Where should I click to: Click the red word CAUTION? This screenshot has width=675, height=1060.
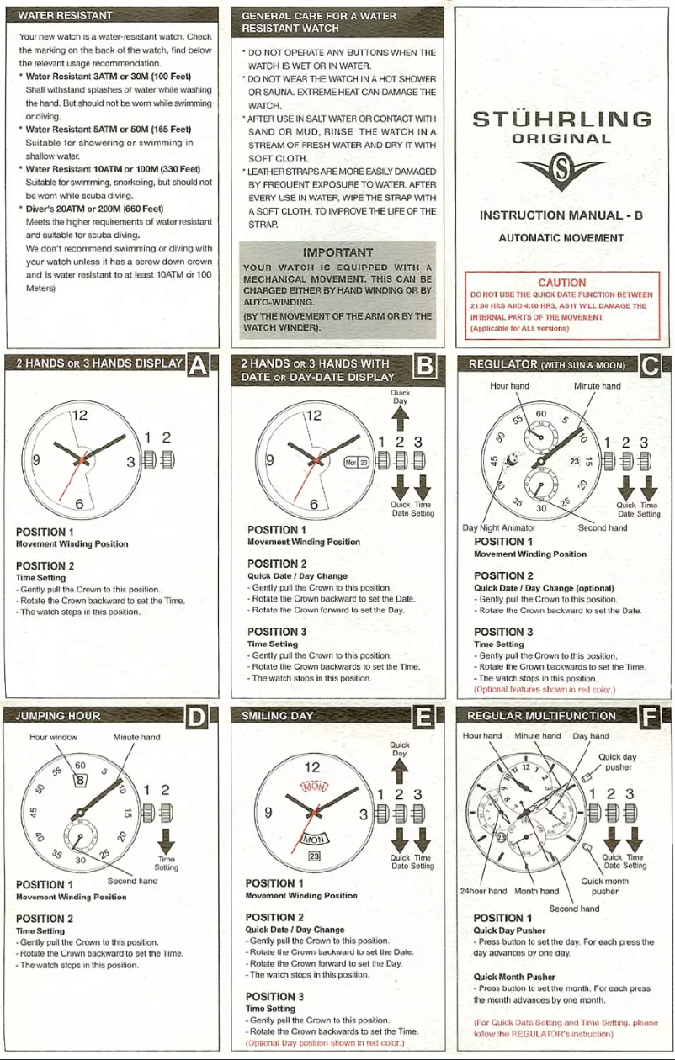click(x=562, y=284)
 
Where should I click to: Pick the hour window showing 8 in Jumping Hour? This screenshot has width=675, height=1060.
click(x=82, y=780)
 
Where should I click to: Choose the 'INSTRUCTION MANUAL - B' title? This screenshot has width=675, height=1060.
click(x=561, y=215)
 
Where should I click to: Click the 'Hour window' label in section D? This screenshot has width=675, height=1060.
click(x=53, y=737)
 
